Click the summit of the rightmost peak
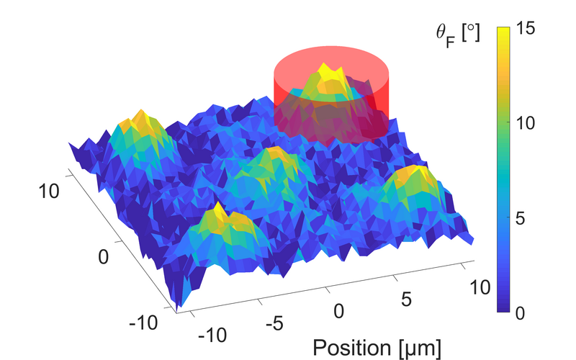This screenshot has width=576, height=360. tap(415, 168)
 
